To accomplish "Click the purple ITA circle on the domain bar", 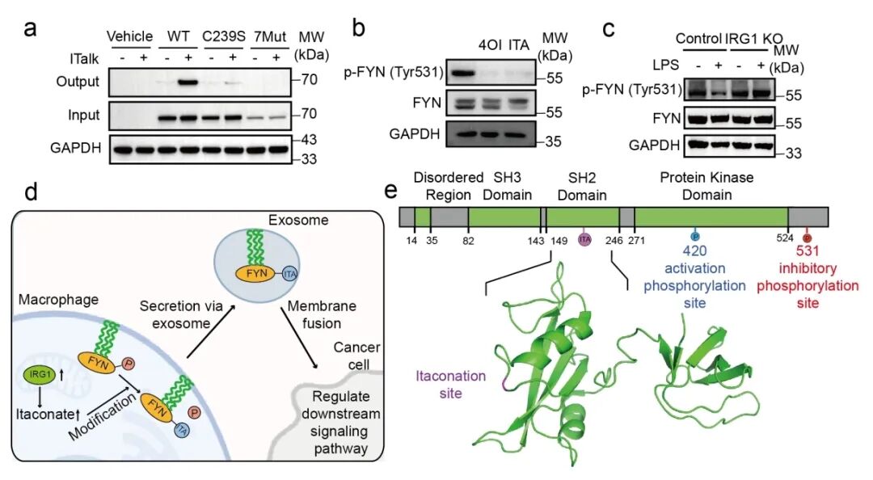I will [x=585, y=239].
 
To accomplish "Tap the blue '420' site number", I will [x=694, y=251].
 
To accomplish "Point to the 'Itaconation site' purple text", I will [x=451, y=384].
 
